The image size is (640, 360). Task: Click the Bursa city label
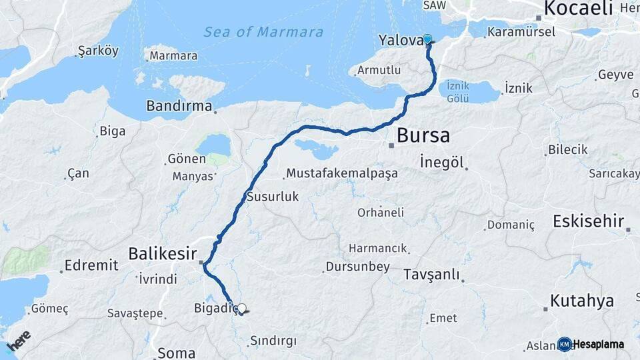(423, 136)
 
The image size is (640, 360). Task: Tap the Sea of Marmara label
(263, 32)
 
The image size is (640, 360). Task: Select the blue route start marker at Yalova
(427, 40)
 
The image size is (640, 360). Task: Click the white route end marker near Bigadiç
(241, 309)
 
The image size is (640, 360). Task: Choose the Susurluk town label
(273, 197)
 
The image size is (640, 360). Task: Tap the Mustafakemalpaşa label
(342, 173)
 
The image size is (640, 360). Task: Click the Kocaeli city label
(578, 9)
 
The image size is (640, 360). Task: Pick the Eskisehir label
(588, 221)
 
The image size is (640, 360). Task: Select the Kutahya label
(582, 301)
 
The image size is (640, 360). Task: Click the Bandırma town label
(179, 106)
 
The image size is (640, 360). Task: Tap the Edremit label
(91, 265)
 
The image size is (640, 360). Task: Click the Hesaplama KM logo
(591, 344)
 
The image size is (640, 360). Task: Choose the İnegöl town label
(442, 162)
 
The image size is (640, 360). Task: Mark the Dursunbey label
(357, 267)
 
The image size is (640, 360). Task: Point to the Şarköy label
(98, 51)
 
